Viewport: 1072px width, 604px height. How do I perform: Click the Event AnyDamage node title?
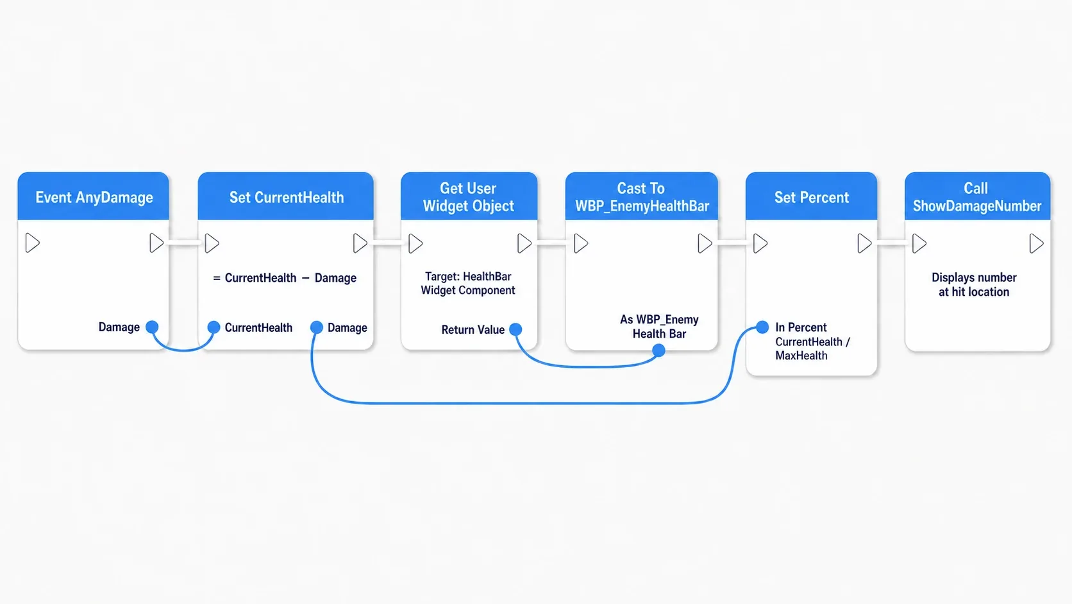[x=94, y=197]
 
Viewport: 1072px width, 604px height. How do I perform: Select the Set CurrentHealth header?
[x=286, y=197]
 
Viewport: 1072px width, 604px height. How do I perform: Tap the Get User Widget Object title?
[x=469, y=197]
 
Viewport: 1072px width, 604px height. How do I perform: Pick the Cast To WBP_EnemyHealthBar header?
[x=642, y=197]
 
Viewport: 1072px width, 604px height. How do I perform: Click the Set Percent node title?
[x=812, y=197]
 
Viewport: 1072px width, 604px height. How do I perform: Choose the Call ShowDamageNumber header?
[x=977, y=197]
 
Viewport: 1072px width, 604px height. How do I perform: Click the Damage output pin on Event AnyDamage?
[x=152, y=327]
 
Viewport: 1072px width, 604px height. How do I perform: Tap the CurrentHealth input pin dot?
[x=214, y=327]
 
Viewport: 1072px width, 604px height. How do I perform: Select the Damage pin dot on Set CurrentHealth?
[x=316, y=327]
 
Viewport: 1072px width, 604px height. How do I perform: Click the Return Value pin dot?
[x=515, y=329]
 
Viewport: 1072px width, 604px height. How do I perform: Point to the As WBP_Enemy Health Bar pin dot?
[x=659, y=350]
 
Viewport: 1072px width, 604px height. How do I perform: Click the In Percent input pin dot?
[x=762, y=327]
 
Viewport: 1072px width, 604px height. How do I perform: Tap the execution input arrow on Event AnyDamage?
[x=33, y=243]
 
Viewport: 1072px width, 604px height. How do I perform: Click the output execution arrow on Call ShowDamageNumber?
[x=1037, y=243]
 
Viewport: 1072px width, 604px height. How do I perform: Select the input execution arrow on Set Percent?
[x=760, y=243]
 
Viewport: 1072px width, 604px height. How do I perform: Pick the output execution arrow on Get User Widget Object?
[x=524, y=243]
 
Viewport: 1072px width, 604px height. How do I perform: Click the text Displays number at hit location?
[x=974, y=284]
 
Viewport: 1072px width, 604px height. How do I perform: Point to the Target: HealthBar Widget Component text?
[x=468, y=283]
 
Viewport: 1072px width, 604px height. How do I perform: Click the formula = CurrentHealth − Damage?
[x=285, y=278]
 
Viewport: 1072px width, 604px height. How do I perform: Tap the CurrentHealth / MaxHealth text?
[x=812, y=349]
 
